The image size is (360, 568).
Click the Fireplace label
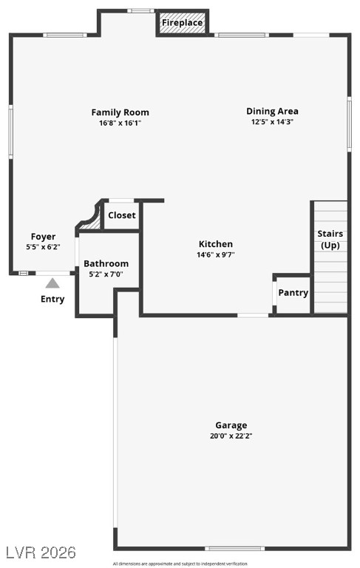point(183,23)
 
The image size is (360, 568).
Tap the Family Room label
point(120,112)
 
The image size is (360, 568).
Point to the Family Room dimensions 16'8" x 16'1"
point(120,123)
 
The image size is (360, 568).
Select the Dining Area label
point(272,111)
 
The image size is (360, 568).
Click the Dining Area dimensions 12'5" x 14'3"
point(272,122)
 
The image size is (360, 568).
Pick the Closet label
point(122,215)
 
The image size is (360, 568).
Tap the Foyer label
point(43,237)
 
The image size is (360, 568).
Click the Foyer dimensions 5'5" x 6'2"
point(43,247)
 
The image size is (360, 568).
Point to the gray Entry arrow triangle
point(52,283)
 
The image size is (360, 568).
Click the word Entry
point(52,300)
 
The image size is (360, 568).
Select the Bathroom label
point(106,263)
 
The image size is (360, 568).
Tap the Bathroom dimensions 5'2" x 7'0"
point(106,274)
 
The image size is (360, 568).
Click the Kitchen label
point(216,244)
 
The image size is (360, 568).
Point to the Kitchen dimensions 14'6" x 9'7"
point(216,254)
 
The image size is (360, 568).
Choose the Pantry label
point(293,292)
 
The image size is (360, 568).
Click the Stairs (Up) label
point(330,239)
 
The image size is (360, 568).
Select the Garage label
point(231,425)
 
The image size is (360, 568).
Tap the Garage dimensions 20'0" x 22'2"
point(231,436)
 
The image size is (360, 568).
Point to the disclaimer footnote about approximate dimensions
point(180,564)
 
